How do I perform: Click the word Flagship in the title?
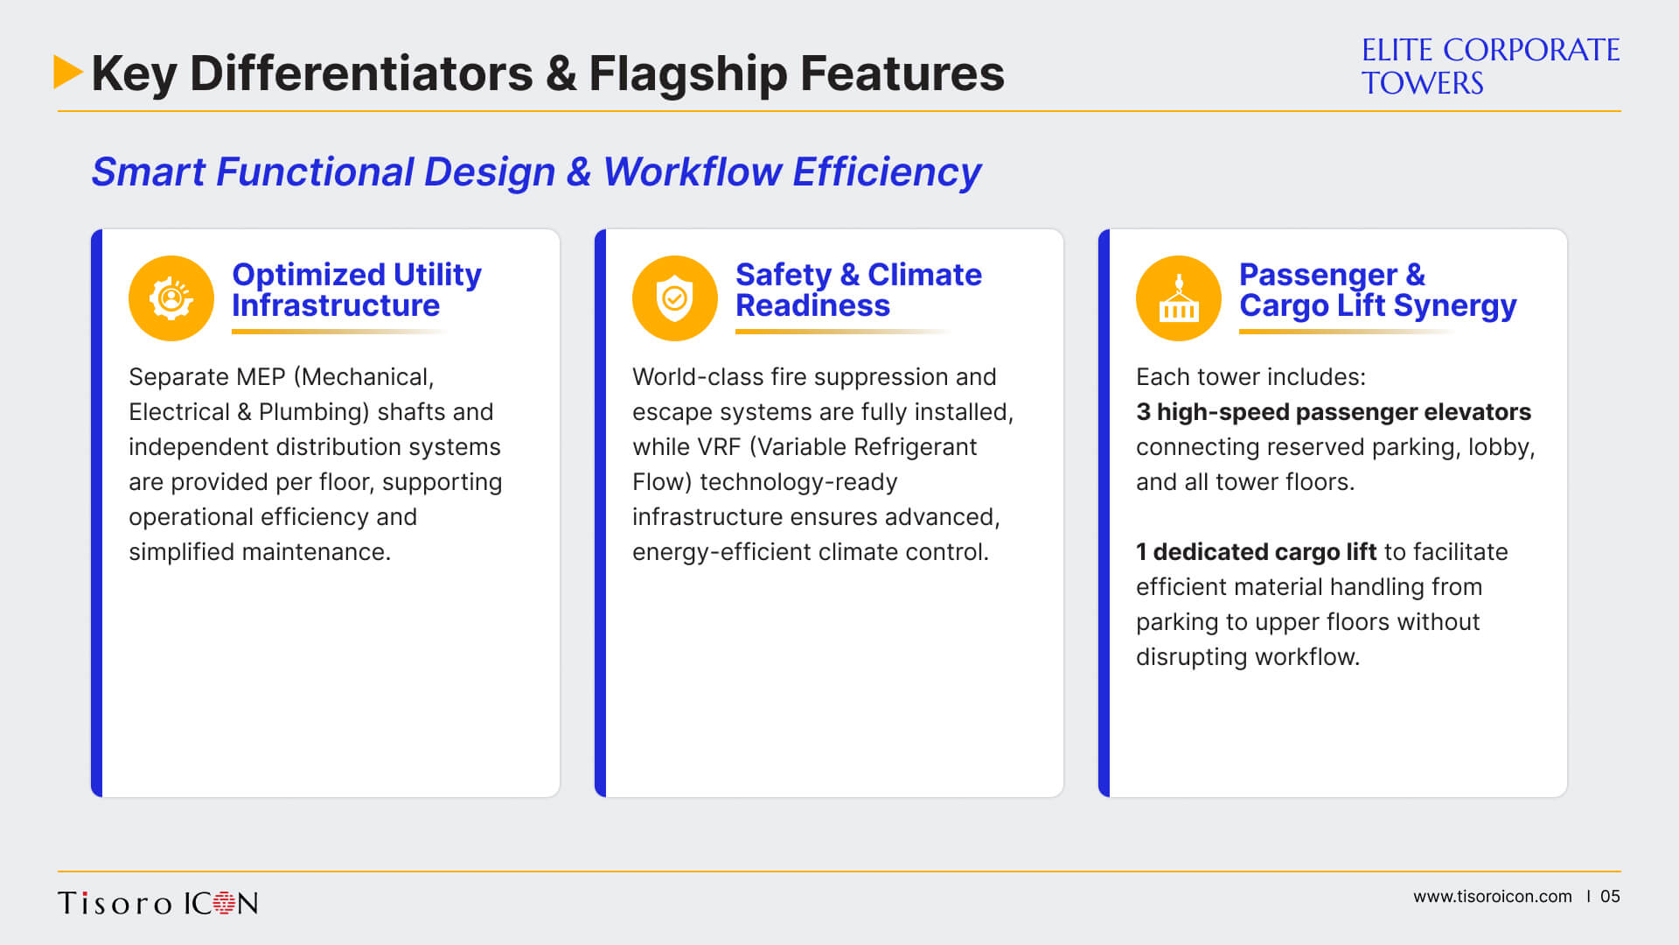[x=687, y=73]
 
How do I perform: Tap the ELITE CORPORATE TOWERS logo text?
[x=1490, y=66]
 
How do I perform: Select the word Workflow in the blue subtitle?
[x=692, y=171]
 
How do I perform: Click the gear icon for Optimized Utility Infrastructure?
[x=171, y=298]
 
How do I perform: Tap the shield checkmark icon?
[x=675, y=298]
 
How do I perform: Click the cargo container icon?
[x=1179, y=298]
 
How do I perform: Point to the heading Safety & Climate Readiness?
[x=858, y=290]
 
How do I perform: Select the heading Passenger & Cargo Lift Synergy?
[x=1377, y=290]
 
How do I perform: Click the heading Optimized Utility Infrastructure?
[x=356, y=290]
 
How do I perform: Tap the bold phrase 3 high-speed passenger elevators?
[x=1334, y=412]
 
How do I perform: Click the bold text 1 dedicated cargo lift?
[x=1256, y=552]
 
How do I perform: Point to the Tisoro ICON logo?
[x=158, y=903]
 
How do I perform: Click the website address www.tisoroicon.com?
[x=1493, y=897]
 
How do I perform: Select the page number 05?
[x=1610, y=897]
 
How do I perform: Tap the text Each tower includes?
[x=1251, y=377]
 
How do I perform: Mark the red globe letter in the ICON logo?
[x=225, y=903]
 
